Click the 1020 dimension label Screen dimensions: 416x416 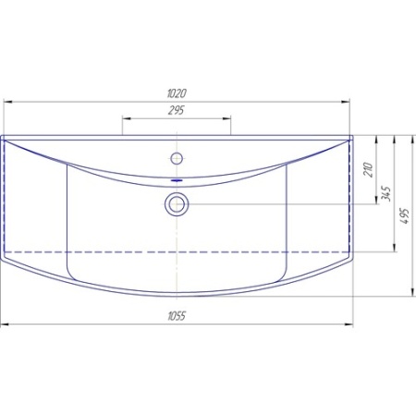(177, 93)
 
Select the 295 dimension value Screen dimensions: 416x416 (176, 110)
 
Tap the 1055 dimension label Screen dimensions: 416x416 (177, 316)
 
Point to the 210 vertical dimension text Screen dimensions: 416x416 (368, 169)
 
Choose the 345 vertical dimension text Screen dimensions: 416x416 (386, 194)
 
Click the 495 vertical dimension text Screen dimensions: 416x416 (405, 216)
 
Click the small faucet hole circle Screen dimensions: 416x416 (177, 159)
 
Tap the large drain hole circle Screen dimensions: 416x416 (177, 204)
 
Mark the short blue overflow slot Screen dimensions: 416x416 (177, 180)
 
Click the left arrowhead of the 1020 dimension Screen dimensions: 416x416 (7, 102)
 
